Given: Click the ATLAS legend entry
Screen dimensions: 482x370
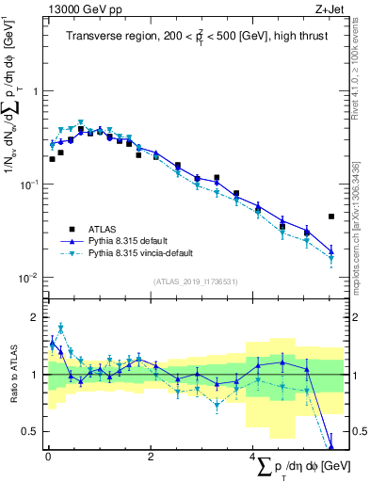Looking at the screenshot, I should tap(103, 228).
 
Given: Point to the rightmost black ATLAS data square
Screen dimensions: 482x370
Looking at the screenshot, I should tap(331, 217).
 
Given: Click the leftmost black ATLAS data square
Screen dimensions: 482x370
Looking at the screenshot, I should tap(52, 159).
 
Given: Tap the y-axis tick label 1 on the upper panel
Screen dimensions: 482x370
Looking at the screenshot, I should tap(35, 91).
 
